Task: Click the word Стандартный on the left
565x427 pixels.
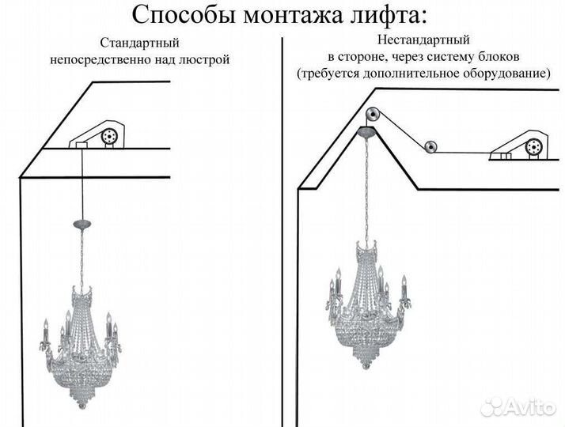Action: coord(139,43)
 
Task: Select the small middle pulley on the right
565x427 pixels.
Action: coord(430,146)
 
